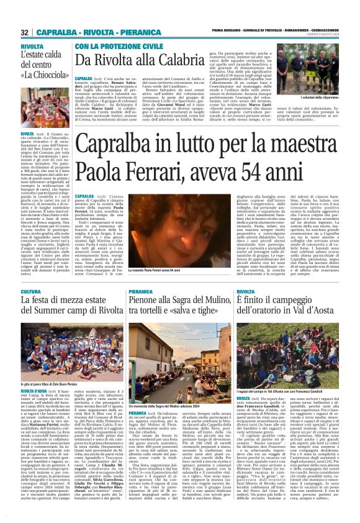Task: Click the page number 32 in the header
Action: click(x=24, y=32)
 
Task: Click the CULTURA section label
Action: click(x=31, y=291)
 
